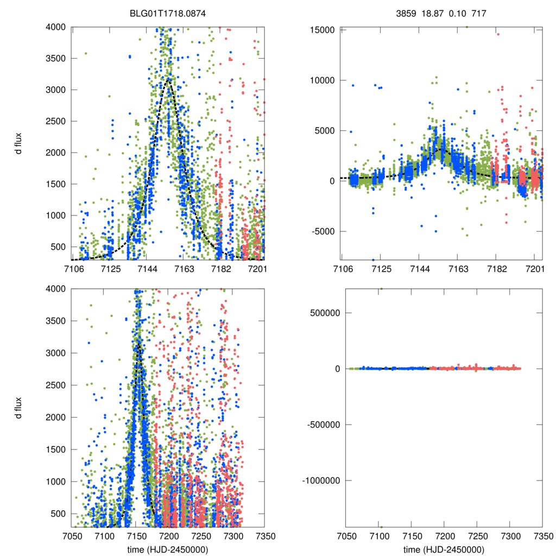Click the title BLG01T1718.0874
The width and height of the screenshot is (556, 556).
[168, 11]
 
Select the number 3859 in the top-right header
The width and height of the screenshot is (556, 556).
[406, 11]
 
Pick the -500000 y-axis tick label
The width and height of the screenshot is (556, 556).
[321, 425]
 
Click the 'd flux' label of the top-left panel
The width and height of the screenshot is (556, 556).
[20, 143]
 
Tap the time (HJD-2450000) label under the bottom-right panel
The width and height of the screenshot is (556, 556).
[444, 549]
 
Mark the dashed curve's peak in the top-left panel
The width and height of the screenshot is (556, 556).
[169, 79]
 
